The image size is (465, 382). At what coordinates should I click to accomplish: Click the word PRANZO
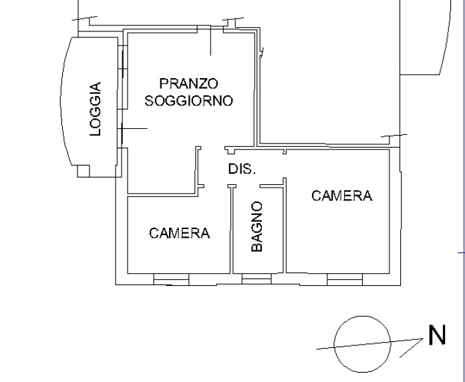tap(188, 83)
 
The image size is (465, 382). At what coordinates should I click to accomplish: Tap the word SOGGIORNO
tap(188, 101)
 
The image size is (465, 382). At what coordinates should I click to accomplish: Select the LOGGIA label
tap(96, 109)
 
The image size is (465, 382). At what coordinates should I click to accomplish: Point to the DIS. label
tap(242, 169)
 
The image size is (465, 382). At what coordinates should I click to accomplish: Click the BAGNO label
tap(257, 226)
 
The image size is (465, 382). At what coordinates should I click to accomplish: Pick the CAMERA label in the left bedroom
tap(180, 233)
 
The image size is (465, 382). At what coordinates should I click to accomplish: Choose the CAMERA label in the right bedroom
tap(342, 196)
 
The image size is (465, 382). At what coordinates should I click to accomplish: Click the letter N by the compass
tap(437, 335)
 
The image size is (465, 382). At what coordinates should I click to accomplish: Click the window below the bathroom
tap(257, 279)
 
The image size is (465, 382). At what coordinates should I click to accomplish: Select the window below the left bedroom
tap(171, 279)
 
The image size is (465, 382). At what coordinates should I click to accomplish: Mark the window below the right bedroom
tap(345, 279)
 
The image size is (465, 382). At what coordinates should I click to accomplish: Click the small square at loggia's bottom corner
tap(84, 171)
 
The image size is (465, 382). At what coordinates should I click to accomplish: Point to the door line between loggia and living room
tap(134, 129)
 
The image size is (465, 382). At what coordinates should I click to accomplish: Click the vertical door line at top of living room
tap(210, 41)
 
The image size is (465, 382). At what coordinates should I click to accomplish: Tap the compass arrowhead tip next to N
tap(423, 339)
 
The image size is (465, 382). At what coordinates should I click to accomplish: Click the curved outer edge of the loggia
tap(61, 101)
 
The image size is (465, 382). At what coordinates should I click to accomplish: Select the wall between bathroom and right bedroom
tap(285, 225)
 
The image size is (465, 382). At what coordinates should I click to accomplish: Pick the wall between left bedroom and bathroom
tap(231, 229)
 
